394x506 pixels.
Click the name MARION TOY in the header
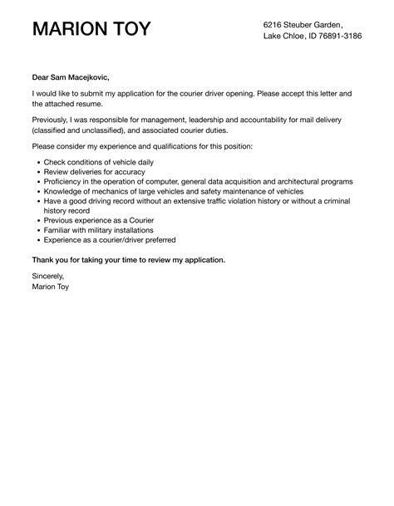point(91,30)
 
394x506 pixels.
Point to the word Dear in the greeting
point(42,77)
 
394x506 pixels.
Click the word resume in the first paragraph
point(93,105)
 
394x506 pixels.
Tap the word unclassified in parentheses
point(123,130)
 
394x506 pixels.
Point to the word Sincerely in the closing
point(47,276)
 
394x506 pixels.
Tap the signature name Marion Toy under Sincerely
point(51,287)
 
